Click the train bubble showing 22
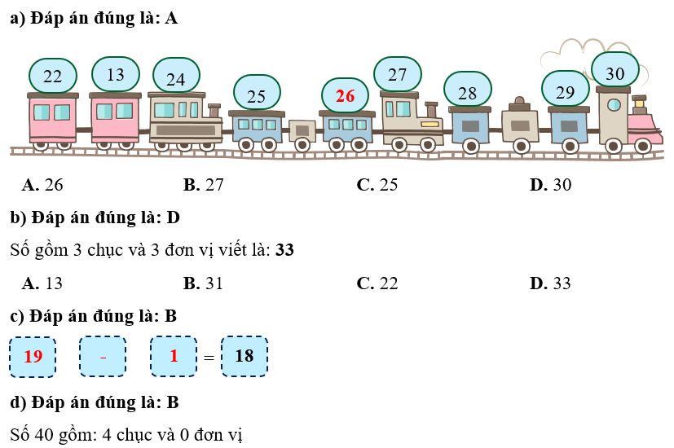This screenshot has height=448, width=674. [53, 77]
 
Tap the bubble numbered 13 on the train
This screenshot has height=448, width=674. [116, 75]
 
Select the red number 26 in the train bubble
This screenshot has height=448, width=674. [346, 95]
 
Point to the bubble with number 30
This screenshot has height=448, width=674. [615, 73]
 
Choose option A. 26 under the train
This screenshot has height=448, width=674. [43, 185]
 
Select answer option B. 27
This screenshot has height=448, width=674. [204, 185]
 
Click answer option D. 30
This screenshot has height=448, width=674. [552, 185]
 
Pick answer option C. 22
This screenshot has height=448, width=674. [378, 283]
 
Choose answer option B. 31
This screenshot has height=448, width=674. [204, 283]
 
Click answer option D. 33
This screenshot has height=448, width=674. [552, 283]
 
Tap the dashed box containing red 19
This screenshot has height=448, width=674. [33, 357]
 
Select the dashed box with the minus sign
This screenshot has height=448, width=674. [103, 357]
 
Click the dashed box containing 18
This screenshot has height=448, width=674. [244, 357]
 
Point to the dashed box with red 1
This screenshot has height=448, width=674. [174, 357]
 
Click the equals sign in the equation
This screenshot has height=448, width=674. [209, 358]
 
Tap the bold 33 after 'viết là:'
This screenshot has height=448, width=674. [284, 250]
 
